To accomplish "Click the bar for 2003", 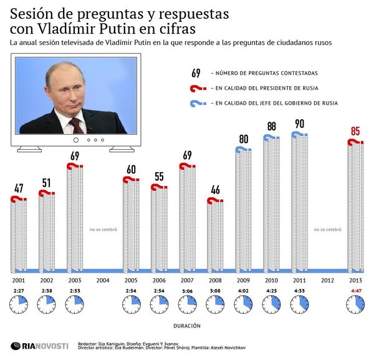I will click(74, 218).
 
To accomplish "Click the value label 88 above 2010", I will click(272, 126).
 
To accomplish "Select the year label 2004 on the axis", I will click(103, 280).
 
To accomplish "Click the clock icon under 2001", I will click(18, 304).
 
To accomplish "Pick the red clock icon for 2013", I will click(355, 304).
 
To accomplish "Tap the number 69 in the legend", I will click(196, 73).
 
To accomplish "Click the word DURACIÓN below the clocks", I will click(187, 325).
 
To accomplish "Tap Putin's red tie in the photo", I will click(76, 125).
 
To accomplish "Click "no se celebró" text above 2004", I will click(103, 230).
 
